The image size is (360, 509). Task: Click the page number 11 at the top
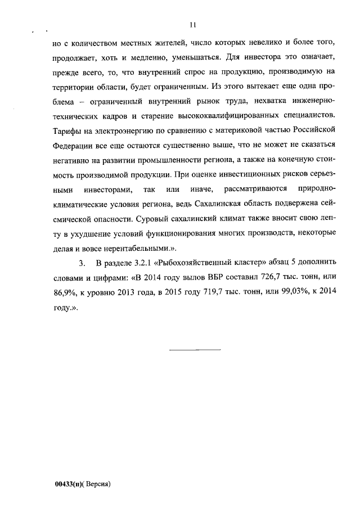[192, 25]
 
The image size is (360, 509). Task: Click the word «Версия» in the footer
[99, 484]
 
